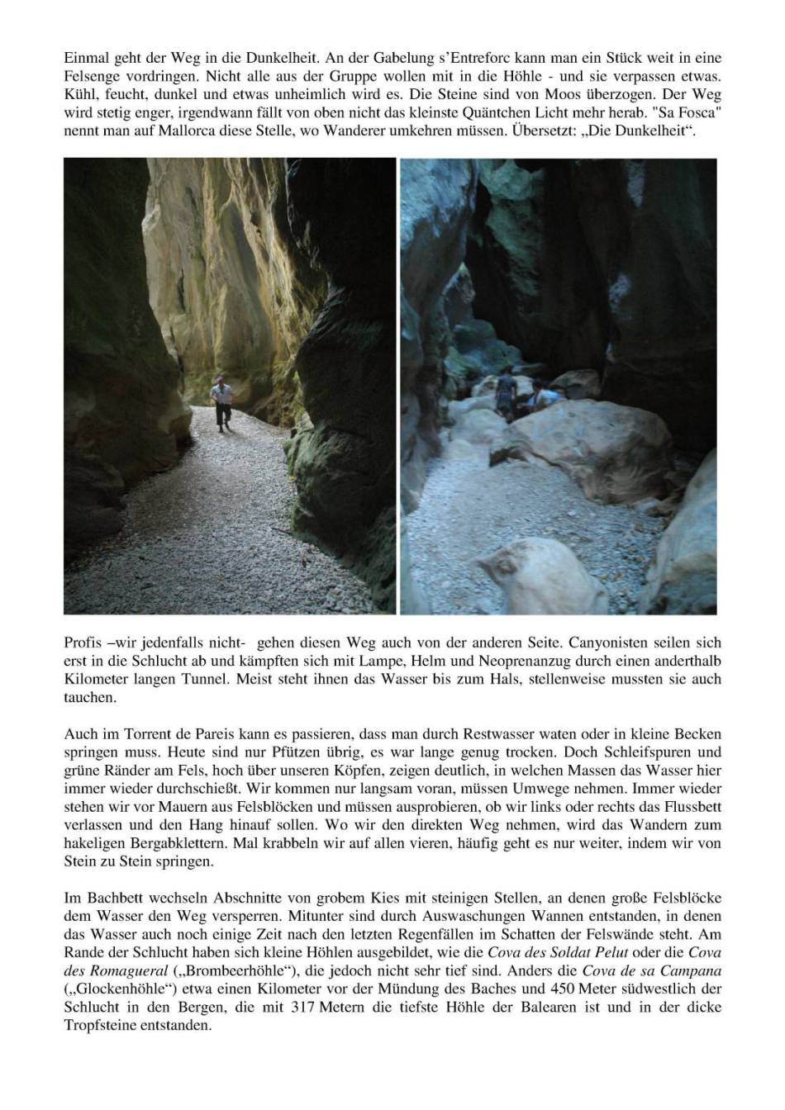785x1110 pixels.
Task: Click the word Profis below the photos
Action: point(81,642)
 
